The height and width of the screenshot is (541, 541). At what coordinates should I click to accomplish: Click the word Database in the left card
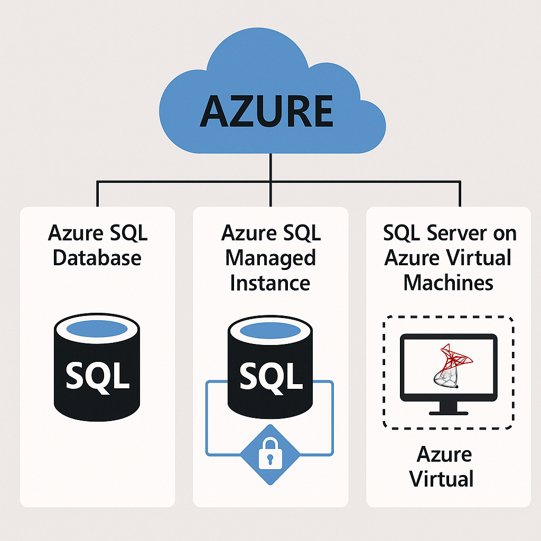point(97,258)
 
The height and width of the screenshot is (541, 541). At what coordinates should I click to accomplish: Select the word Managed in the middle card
point(270,258)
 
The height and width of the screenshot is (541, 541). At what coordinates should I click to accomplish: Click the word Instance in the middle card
point(270,283)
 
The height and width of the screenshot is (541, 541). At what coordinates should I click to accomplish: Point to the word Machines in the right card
point(448,283)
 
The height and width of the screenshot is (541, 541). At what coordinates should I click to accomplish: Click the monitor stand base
point(448,411)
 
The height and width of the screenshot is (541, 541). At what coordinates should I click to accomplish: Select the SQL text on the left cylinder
point(97,375)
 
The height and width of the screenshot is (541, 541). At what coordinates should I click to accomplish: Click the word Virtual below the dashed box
point(442,479)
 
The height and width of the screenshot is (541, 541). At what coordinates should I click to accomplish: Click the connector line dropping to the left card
point(97,194)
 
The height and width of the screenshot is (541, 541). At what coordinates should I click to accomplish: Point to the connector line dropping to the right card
point(460,194)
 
